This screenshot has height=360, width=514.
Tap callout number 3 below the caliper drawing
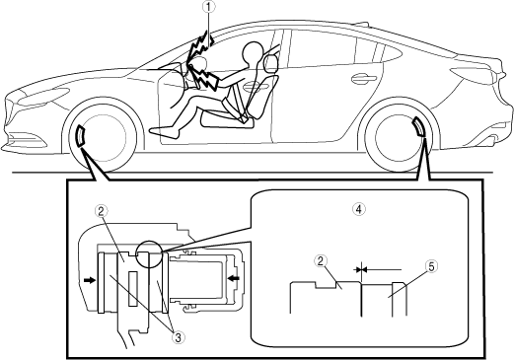tap(179, 337)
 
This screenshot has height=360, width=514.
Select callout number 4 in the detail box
tap(359, 208)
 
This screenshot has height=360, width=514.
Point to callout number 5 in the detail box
tap(431, 266)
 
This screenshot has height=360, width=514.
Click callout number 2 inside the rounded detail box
tap(321, 261)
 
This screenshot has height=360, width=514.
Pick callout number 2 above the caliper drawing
tap(101, 211)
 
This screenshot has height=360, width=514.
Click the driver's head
tap(253, 51)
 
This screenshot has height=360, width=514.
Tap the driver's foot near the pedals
tap(165, 131)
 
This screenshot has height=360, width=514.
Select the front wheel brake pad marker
tap(81, 135)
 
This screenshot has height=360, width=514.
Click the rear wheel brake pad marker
tap(418, 126)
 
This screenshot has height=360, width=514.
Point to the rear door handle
tap(363, 78)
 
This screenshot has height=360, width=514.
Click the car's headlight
tap(42, 97)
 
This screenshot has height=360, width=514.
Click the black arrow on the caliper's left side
tap(89, 280)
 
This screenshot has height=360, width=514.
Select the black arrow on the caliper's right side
tap(234, 279)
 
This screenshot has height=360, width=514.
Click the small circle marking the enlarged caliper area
tap(150, 255)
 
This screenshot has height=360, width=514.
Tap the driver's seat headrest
tap(270, 63)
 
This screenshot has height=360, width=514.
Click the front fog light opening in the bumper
tap(27, 139)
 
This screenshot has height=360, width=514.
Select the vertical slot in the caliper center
tap(132, 289)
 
